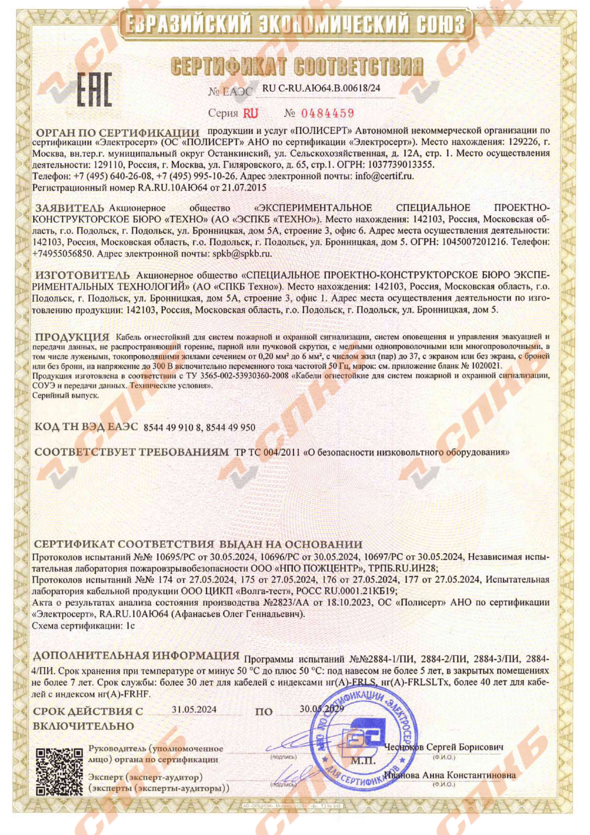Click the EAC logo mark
pos(95,89)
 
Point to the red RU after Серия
pos(250,114)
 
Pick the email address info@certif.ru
pos(384,177)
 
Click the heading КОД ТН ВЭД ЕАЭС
pos(86,427)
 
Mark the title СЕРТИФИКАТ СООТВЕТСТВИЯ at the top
pos(297,67)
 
